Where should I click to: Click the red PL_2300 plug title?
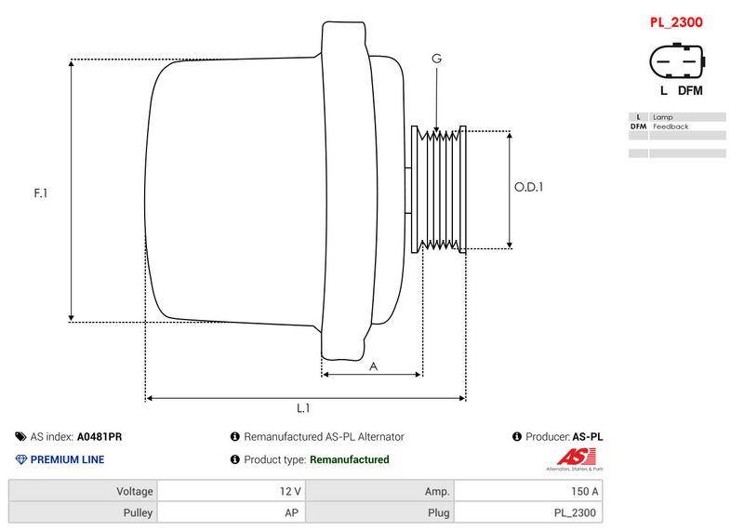pos(675,21)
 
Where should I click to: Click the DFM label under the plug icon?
pos(690,90)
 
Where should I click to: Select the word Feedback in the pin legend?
pos(671,126)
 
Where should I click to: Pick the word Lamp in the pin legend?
pos(662,117)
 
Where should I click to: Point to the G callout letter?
pos(436,59)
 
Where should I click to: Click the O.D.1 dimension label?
pos(528,187)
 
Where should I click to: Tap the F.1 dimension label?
pos(40,193)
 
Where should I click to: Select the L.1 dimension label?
pos(303,408)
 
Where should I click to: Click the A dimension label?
pos(373,366)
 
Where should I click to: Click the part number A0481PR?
pos(100,436)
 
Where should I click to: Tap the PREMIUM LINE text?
pos(67,459)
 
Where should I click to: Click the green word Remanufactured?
pos(349,459)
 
